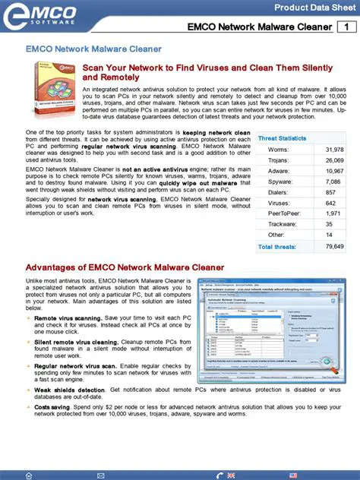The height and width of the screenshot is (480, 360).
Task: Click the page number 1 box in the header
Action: pyautogui.click(x=347, y=28)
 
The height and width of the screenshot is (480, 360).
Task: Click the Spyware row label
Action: pyautogui.click(x=271, y=182)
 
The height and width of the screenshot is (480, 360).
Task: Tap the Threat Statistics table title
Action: pyautogui.click(x=282, y=138)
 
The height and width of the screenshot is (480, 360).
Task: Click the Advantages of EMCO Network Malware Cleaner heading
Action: pyautogui.click(x=125, y=268)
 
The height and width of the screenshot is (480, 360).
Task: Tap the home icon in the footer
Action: pyautogui.click(x=28, y=475)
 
